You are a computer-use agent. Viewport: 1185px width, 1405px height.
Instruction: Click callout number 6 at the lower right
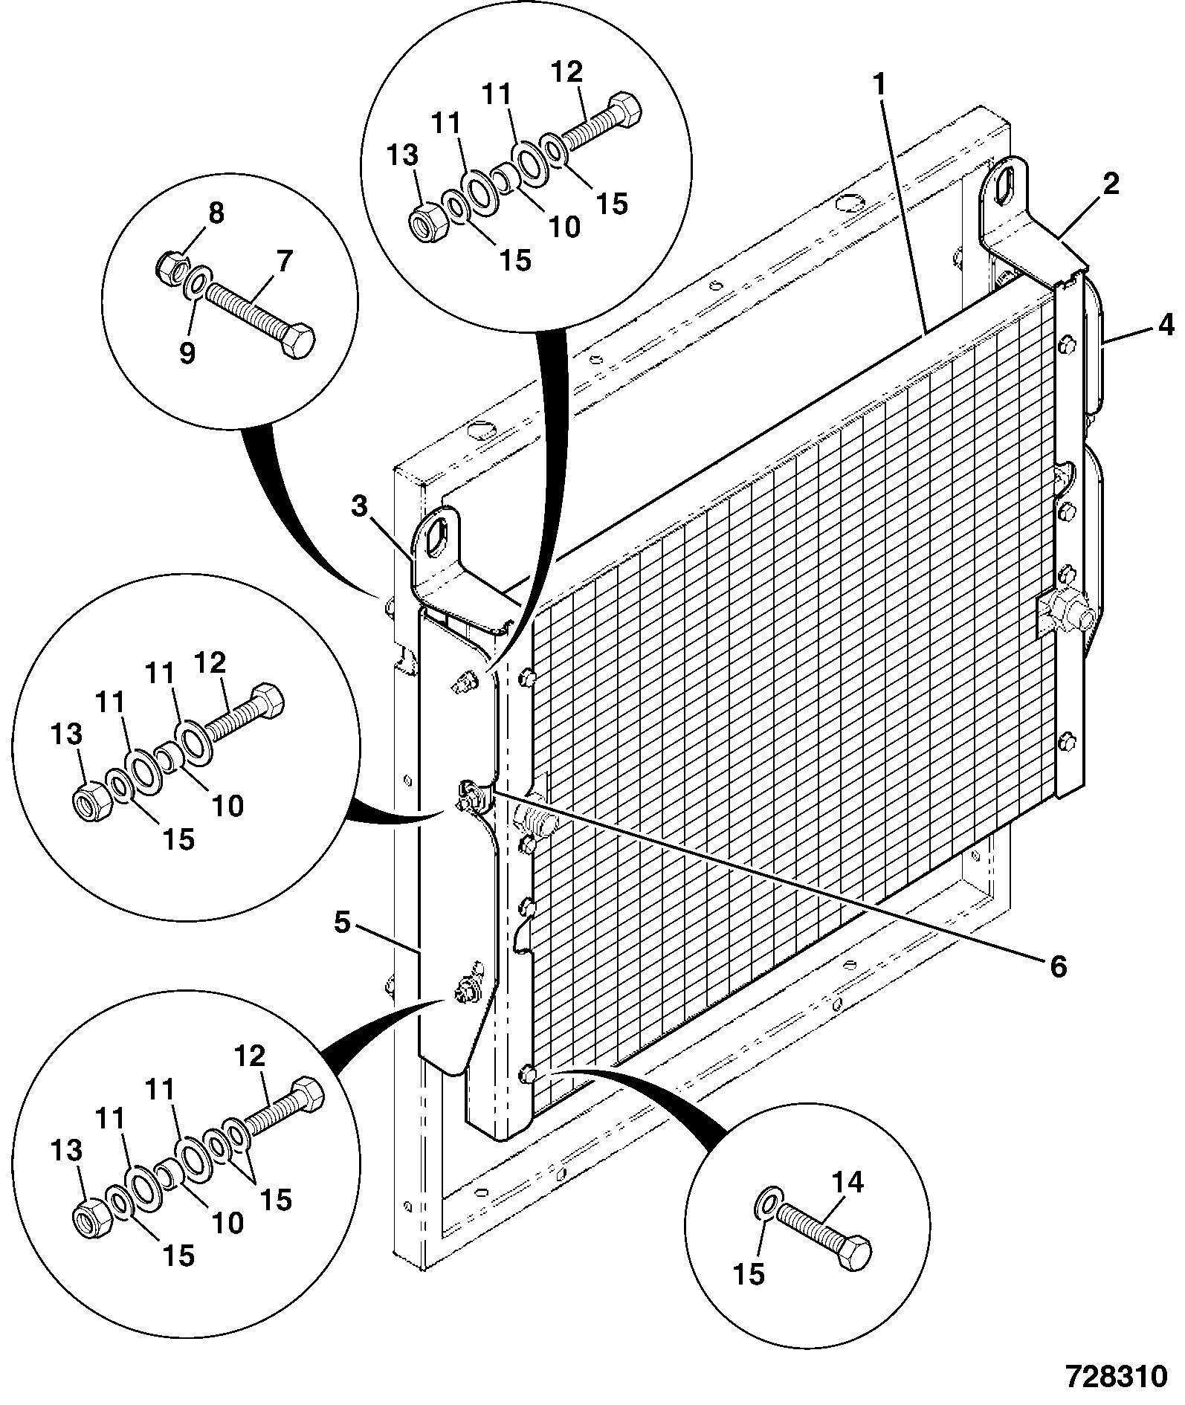coord(284,261)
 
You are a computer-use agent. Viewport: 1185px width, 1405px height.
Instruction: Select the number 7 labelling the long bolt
coord(215,213)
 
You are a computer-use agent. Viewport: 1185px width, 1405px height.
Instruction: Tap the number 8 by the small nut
coord(187,353)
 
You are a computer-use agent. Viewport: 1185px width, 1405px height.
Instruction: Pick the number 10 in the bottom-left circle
coord(227,1223)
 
